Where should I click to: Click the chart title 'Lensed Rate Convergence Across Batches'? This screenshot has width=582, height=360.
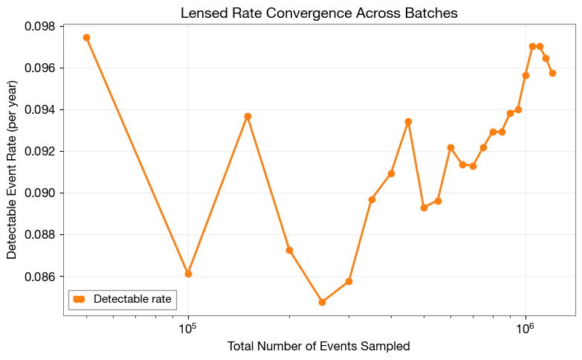tap(319, 13)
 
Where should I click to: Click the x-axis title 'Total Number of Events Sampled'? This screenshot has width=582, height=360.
tap(319, 346)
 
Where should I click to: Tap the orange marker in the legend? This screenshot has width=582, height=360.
tap(80, 299)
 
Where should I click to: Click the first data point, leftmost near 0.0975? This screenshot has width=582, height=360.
tap(86, 37)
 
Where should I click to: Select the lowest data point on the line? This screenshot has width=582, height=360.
tap(322, 302)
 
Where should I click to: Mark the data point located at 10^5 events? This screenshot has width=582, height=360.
tap(188, 274)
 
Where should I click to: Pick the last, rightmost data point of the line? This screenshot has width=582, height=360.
tap(552, 73)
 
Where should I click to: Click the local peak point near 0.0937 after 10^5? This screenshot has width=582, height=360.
tap(248, 116)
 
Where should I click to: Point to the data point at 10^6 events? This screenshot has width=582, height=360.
tap(526, 75)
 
